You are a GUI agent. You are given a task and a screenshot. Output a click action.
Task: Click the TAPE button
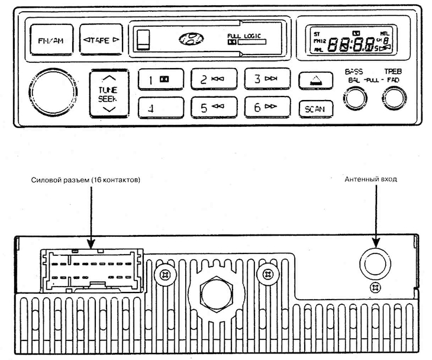coord(101,40)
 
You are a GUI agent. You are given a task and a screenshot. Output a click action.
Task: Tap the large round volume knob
coord(54,92)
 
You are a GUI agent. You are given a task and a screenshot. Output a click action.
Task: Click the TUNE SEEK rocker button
coord(107,93)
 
